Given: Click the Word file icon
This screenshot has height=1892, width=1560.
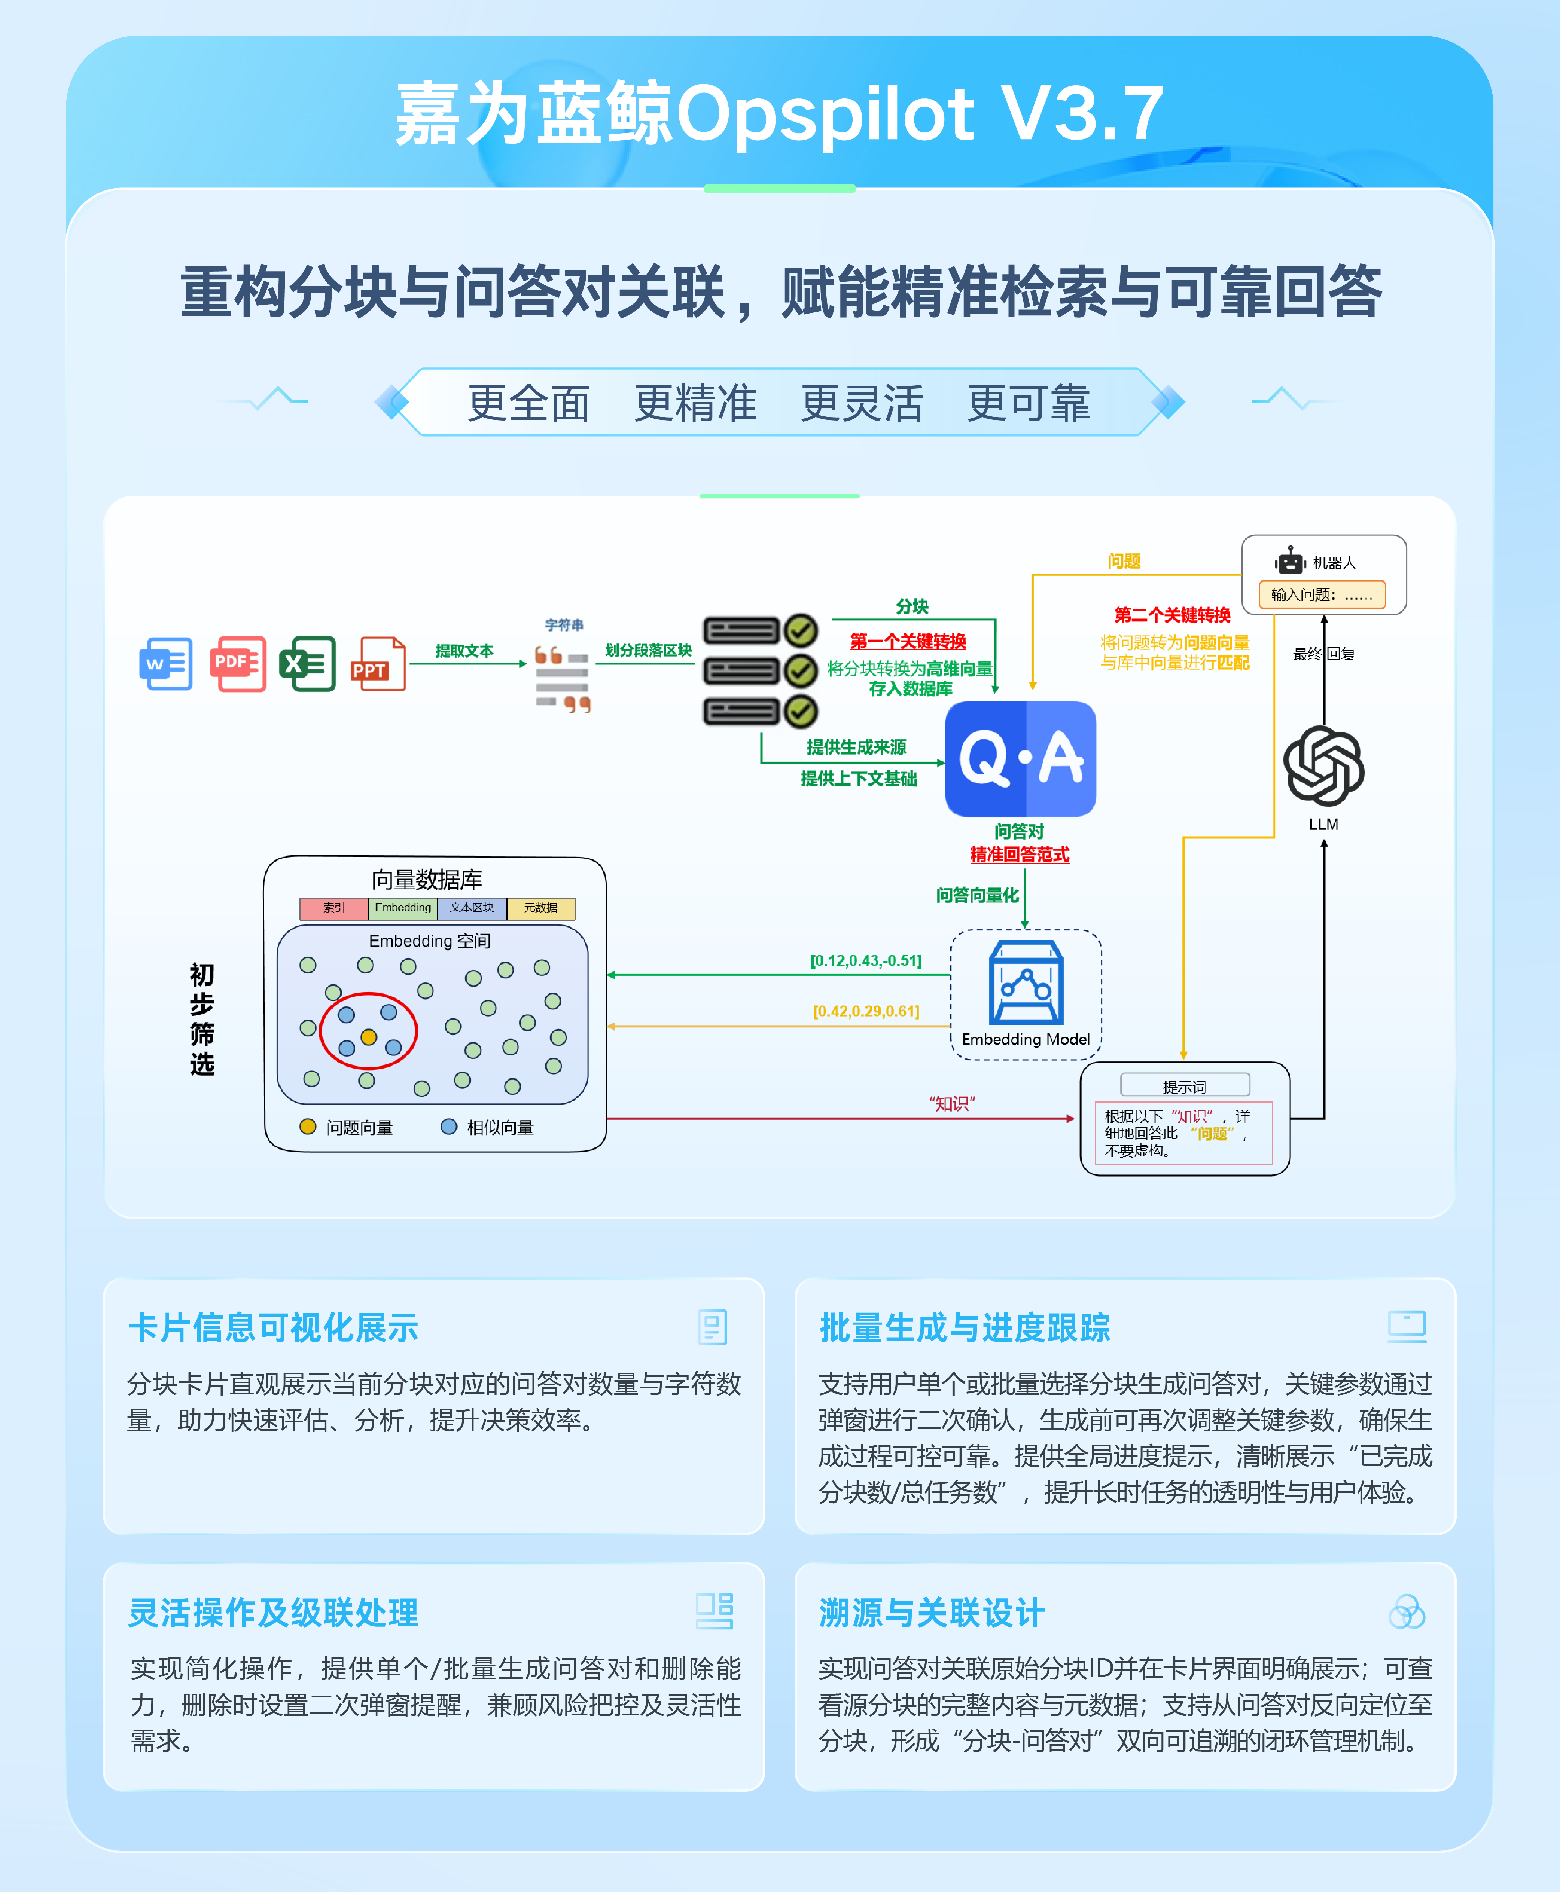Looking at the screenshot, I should coord(166,664).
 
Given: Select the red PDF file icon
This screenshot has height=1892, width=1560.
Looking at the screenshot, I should coord(237,664).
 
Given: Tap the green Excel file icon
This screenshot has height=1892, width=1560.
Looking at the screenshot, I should coord(307,664).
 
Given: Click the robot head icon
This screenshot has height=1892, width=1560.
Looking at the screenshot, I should coord(1291,562).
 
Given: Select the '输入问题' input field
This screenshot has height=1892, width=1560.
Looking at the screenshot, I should coord(1321,595).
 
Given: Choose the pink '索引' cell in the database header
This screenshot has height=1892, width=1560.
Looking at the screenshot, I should coord(333,908).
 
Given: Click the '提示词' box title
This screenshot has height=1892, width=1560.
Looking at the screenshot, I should coord(1184,1086).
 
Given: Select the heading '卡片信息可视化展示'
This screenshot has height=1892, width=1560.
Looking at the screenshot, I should coord(273,1327).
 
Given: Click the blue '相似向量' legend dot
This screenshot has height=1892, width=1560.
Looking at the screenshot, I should coord(448,1127).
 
